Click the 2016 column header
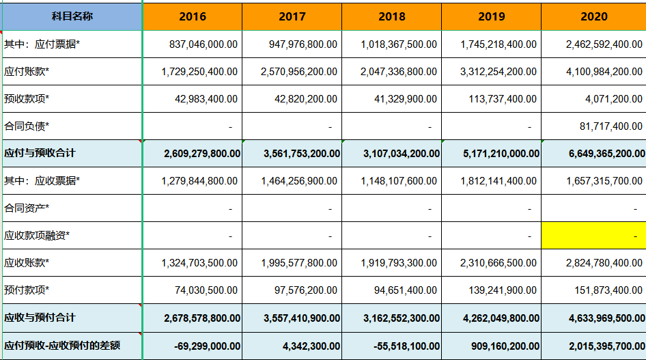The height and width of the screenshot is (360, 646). coord(192,16)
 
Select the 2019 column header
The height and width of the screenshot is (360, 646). coord(491,16)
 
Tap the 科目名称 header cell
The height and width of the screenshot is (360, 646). coord(72,16)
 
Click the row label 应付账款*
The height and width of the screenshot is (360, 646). coord(27,72)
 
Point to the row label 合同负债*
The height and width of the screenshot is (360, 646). coord(27,126)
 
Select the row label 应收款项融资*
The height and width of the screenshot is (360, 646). coord(37,236)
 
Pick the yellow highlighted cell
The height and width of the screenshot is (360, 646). coord(593,236)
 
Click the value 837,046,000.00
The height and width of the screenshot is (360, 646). coord(203,44)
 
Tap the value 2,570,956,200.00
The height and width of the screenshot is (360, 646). coord(298,72)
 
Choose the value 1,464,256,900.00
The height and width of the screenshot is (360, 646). coord(298,181)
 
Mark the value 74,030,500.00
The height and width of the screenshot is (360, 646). coord(206,290)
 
